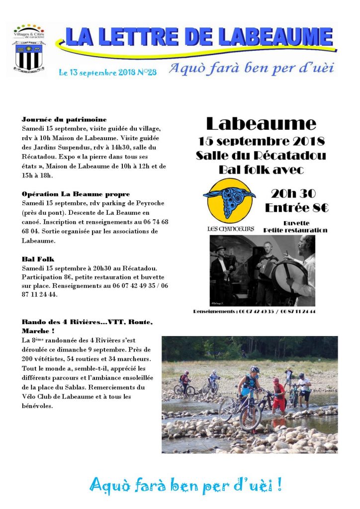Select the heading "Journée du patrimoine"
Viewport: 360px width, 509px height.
point(64,120)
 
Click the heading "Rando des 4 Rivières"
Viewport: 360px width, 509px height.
point(87,322)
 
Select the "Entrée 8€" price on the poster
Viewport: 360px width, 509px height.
point(297,208)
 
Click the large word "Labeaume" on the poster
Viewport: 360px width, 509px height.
point(261,123)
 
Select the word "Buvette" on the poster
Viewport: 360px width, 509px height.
point(296,223)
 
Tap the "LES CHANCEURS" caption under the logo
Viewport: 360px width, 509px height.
point(230,229)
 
